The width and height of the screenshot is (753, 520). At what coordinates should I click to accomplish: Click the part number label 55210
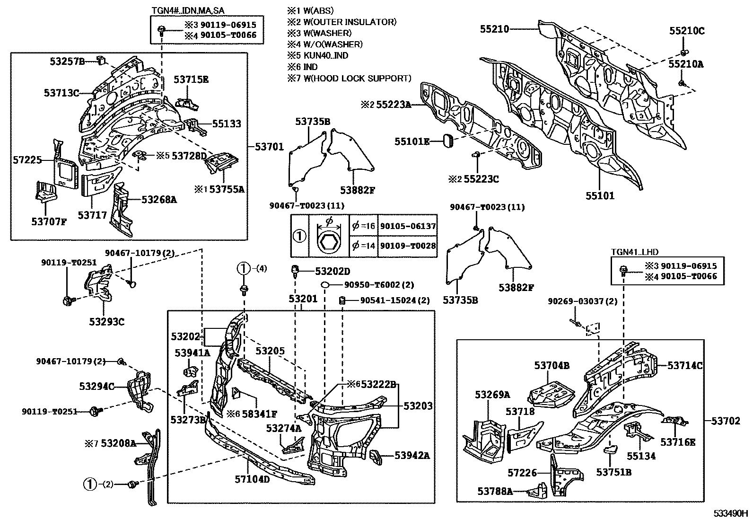point(494,29)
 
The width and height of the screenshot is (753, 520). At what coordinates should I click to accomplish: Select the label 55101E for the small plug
point(412,141)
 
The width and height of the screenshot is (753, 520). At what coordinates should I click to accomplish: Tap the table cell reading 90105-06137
point(408,227)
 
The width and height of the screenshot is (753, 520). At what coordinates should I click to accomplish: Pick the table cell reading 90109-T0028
point(408,246)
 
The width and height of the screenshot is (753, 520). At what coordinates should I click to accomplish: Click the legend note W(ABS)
point(316,10)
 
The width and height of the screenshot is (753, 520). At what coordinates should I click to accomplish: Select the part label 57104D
point(252,479)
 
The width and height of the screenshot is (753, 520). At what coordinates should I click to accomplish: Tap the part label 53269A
point(492,395)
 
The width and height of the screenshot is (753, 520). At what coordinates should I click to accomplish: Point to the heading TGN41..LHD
point(634,252)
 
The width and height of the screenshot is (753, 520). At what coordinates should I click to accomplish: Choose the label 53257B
point(67,61)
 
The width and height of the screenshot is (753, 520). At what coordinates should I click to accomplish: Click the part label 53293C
point(106,322)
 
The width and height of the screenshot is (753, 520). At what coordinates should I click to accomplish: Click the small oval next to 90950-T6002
point(326,284)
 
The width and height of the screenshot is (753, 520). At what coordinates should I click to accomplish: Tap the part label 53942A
point(412,455)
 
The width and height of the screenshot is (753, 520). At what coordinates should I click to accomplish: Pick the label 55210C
point(687,31)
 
